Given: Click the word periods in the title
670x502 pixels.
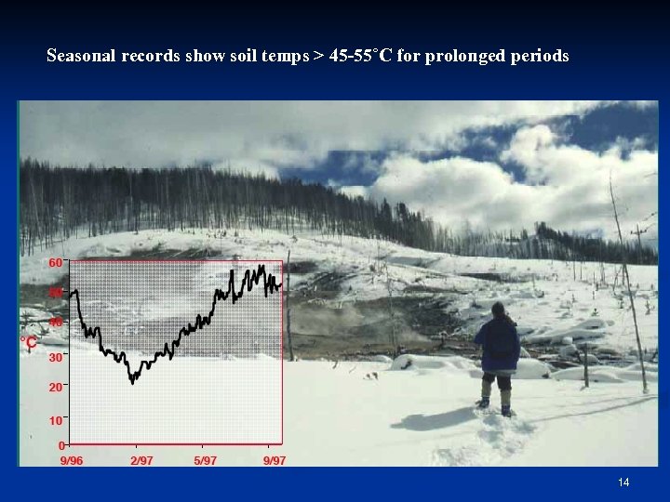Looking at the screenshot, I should click(x=540, y=57).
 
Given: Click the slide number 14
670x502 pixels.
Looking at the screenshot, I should click(x=623, y=482).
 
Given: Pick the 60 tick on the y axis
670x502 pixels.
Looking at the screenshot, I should click(x=55, y=263).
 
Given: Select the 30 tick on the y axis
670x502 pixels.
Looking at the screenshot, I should click(x=55, y=357).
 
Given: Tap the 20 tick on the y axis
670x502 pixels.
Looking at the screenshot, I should click(x=55, y=387).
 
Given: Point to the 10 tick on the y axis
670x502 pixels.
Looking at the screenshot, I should click(x=55, y=420).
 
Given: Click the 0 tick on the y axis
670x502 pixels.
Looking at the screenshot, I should click(x=60, y=446).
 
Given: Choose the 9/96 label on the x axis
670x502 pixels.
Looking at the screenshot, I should click(x=72, y=460).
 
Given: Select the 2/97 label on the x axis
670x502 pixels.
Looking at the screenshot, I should click(x=141, y=460).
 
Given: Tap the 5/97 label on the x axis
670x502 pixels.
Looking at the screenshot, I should click(x=205, y=460).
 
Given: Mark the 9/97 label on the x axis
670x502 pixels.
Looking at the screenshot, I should click(x=274, y=460).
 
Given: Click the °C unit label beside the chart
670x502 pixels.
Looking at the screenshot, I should click(x=29, y=342).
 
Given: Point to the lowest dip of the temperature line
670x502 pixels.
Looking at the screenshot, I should click(x=133, y=379).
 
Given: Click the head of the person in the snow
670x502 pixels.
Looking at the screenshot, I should click(x=498, y=309).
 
